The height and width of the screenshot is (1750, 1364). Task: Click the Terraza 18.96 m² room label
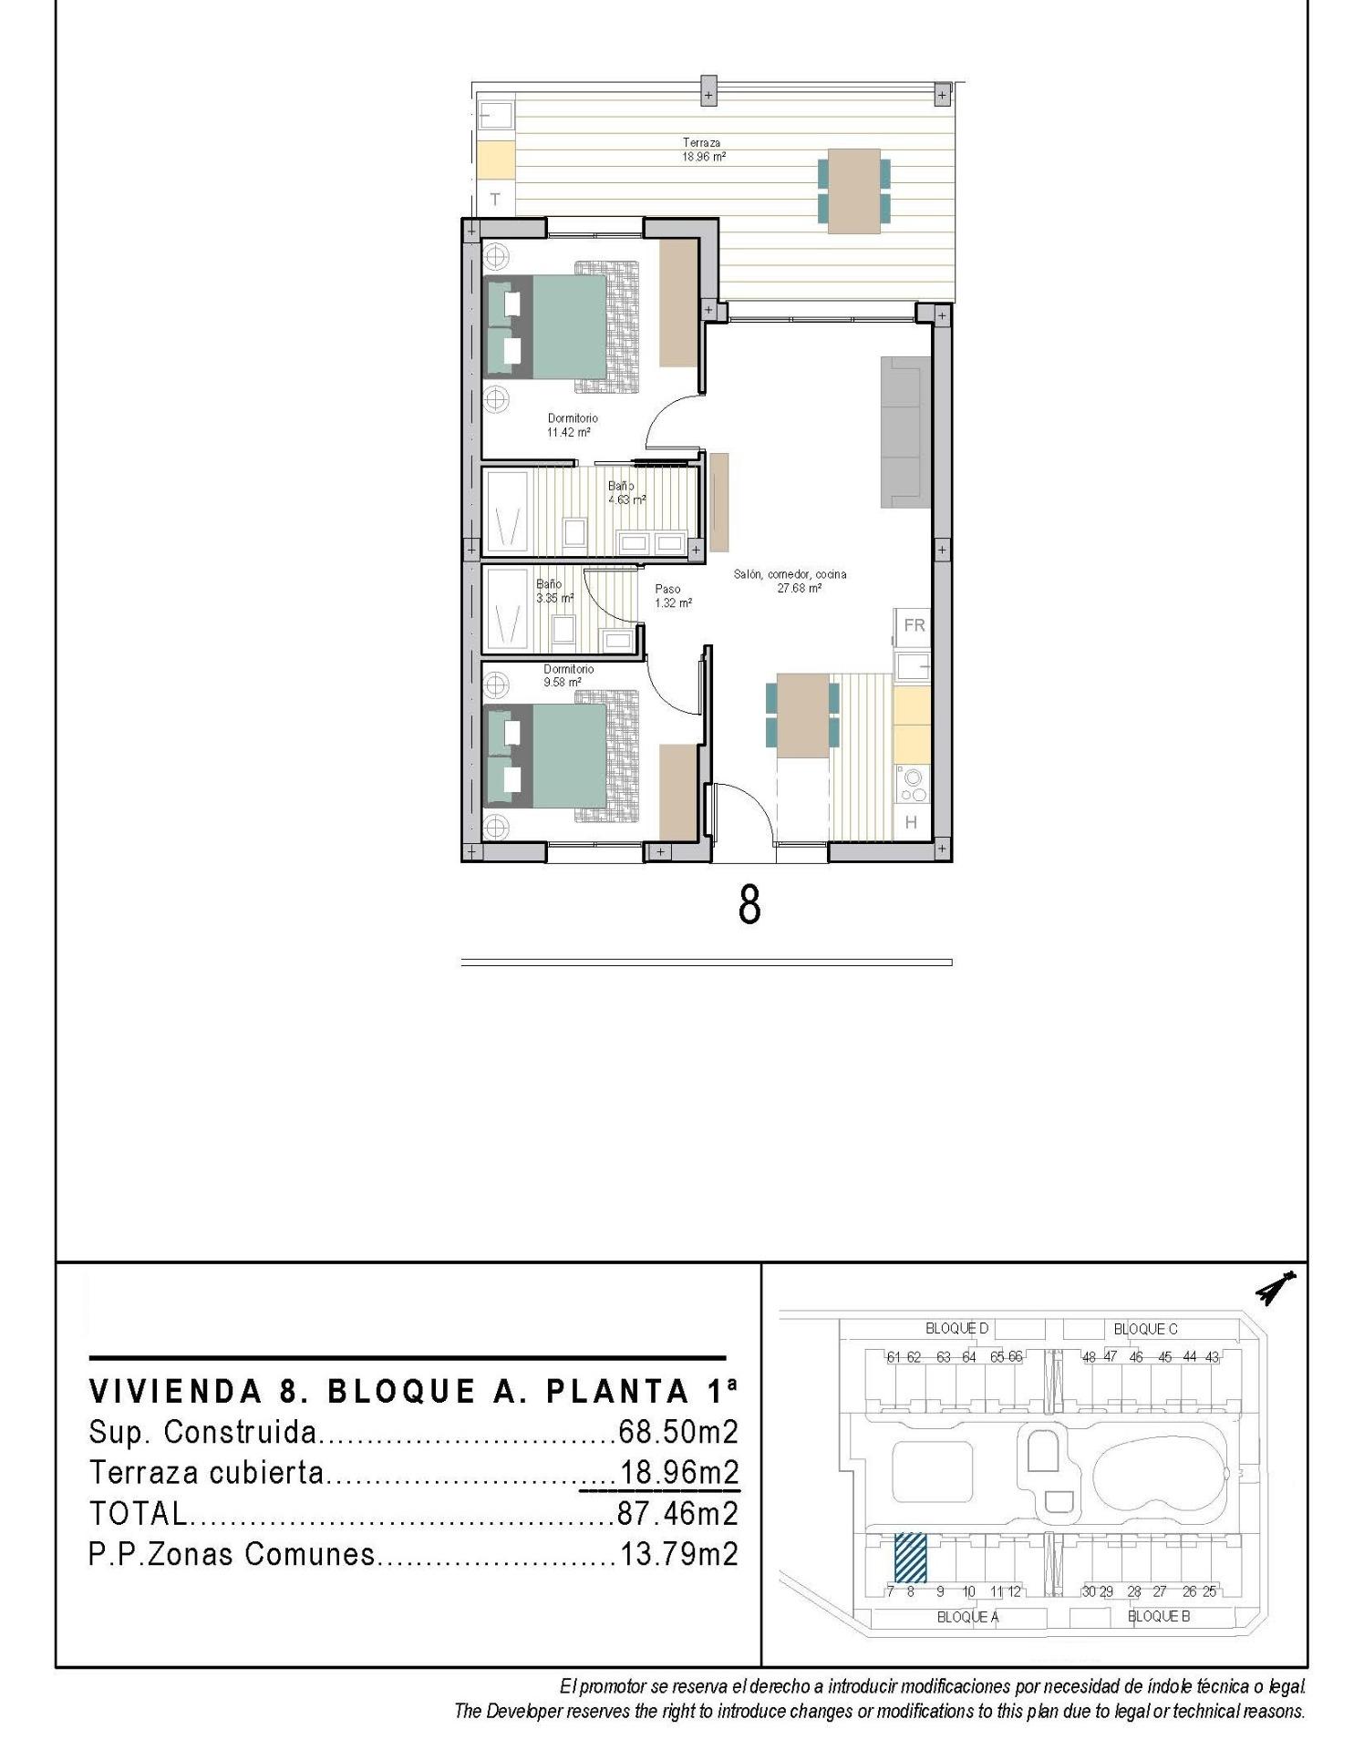click(703, 149)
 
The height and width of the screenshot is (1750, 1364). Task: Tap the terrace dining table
click(853, 190)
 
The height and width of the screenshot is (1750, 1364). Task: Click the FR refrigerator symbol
click(914, 625)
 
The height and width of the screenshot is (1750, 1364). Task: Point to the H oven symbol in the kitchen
click(911, 822)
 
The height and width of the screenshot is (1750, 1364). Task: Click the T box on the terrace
click(495, 199)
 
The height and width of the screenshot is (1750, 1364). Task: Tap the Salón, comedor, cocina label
click(790, 581)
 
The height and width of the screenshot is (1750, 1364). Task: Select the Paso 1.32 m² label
click(672, 595)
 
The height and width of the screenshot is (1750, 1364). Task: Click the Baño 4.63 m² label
click(625, 493)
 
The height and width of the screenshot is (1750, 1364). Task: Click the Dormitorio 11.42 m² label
click(572, 425)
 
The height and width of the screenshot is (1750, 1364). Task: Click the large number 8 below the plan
click(749, 905)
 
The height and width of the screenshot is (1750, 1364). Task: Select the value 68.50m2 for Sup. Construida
click(677, 1432)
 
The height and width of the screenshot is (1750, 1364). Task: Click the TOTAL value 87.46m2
click(677, 1513)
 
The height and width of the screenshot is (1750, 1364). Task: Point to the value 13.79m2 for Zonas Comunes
click(678, 1553)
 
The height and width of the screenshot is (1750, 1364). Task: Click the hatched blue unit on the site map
click(909, 1557)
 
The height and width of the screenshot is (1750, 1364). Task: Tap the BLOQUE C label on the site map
click(1144, 1329)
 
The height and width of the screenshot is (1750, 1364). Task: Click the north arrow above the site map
click(1276, 1289)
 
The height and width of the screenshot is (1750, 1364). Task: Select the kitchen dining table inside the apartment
click(802, 715)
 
